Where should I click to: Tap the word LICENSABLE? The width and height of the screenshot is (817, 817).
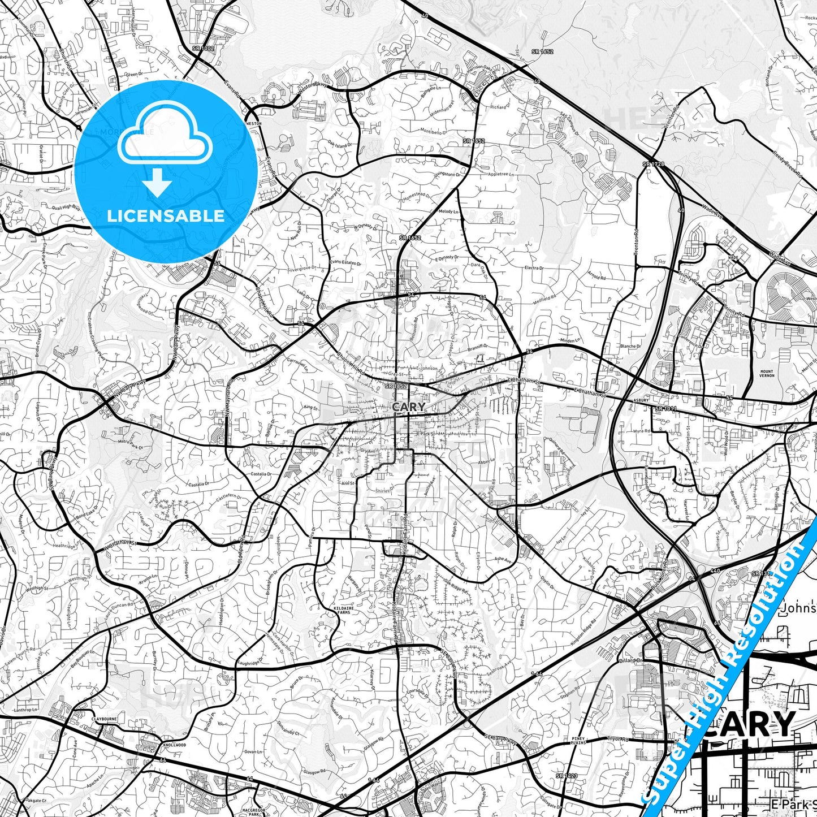[166, 215]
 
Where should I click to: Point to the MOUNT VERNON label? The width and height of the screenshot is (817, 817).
[767, 374]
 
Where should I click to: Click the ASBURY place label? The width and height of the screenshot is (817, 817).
[641, 399]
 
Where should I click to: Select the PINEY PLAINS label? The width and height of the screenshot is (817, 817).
[578, 741]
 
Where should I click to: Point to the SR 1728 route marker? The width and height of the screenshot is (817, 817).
[653, 164]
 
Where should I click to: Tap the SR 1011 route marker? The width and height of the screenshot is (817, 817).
[666, 408]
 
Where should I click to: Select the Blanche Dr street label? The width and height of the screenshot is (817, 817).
[630, 346]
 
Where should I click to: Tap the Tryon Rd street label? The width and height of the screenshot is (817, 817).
[618, 739]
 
